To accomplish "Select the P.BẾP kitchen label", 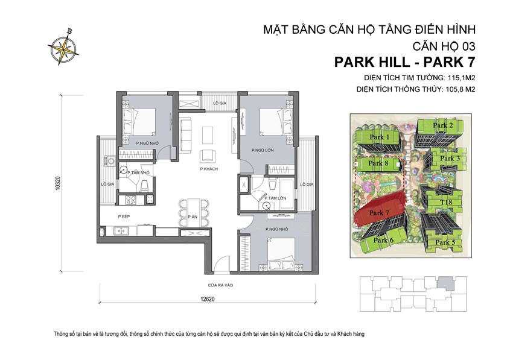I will pos(125,216).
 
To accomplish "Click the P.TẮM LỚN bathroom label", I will pos(274,197).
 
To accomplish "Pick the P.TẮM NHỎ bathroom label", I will pos(138,173).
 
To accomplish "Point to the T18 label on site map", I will pos(446,203).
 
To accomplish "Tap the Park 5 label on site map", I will pos(445,242).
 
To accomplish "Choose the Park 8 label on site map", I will pos(378,163).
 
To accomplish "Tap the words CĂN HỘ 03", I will pos(444,46).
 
